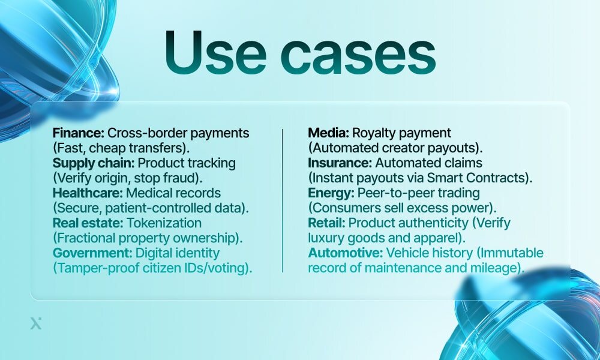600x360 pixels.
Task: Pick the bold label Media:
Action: pyautogui.click(x=328, y=133)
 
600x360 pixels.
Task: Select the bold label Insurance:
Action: pyautogui.click(x=337, y=163)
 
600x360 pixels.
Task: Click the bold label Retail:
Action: pyautogui.click(x=326, y=223)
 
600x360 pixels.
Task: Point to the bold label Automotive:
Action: pyautogui.click(x=346, y=253)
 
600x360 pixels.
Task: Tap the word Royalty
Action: pyautogui.click(x=374, y=133)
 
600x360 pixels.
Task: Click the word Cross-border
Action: pyautogui.click(x=142, y=133)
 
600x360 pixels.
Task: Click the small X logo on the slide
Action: pyautogui.click(x=35, y=324)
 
